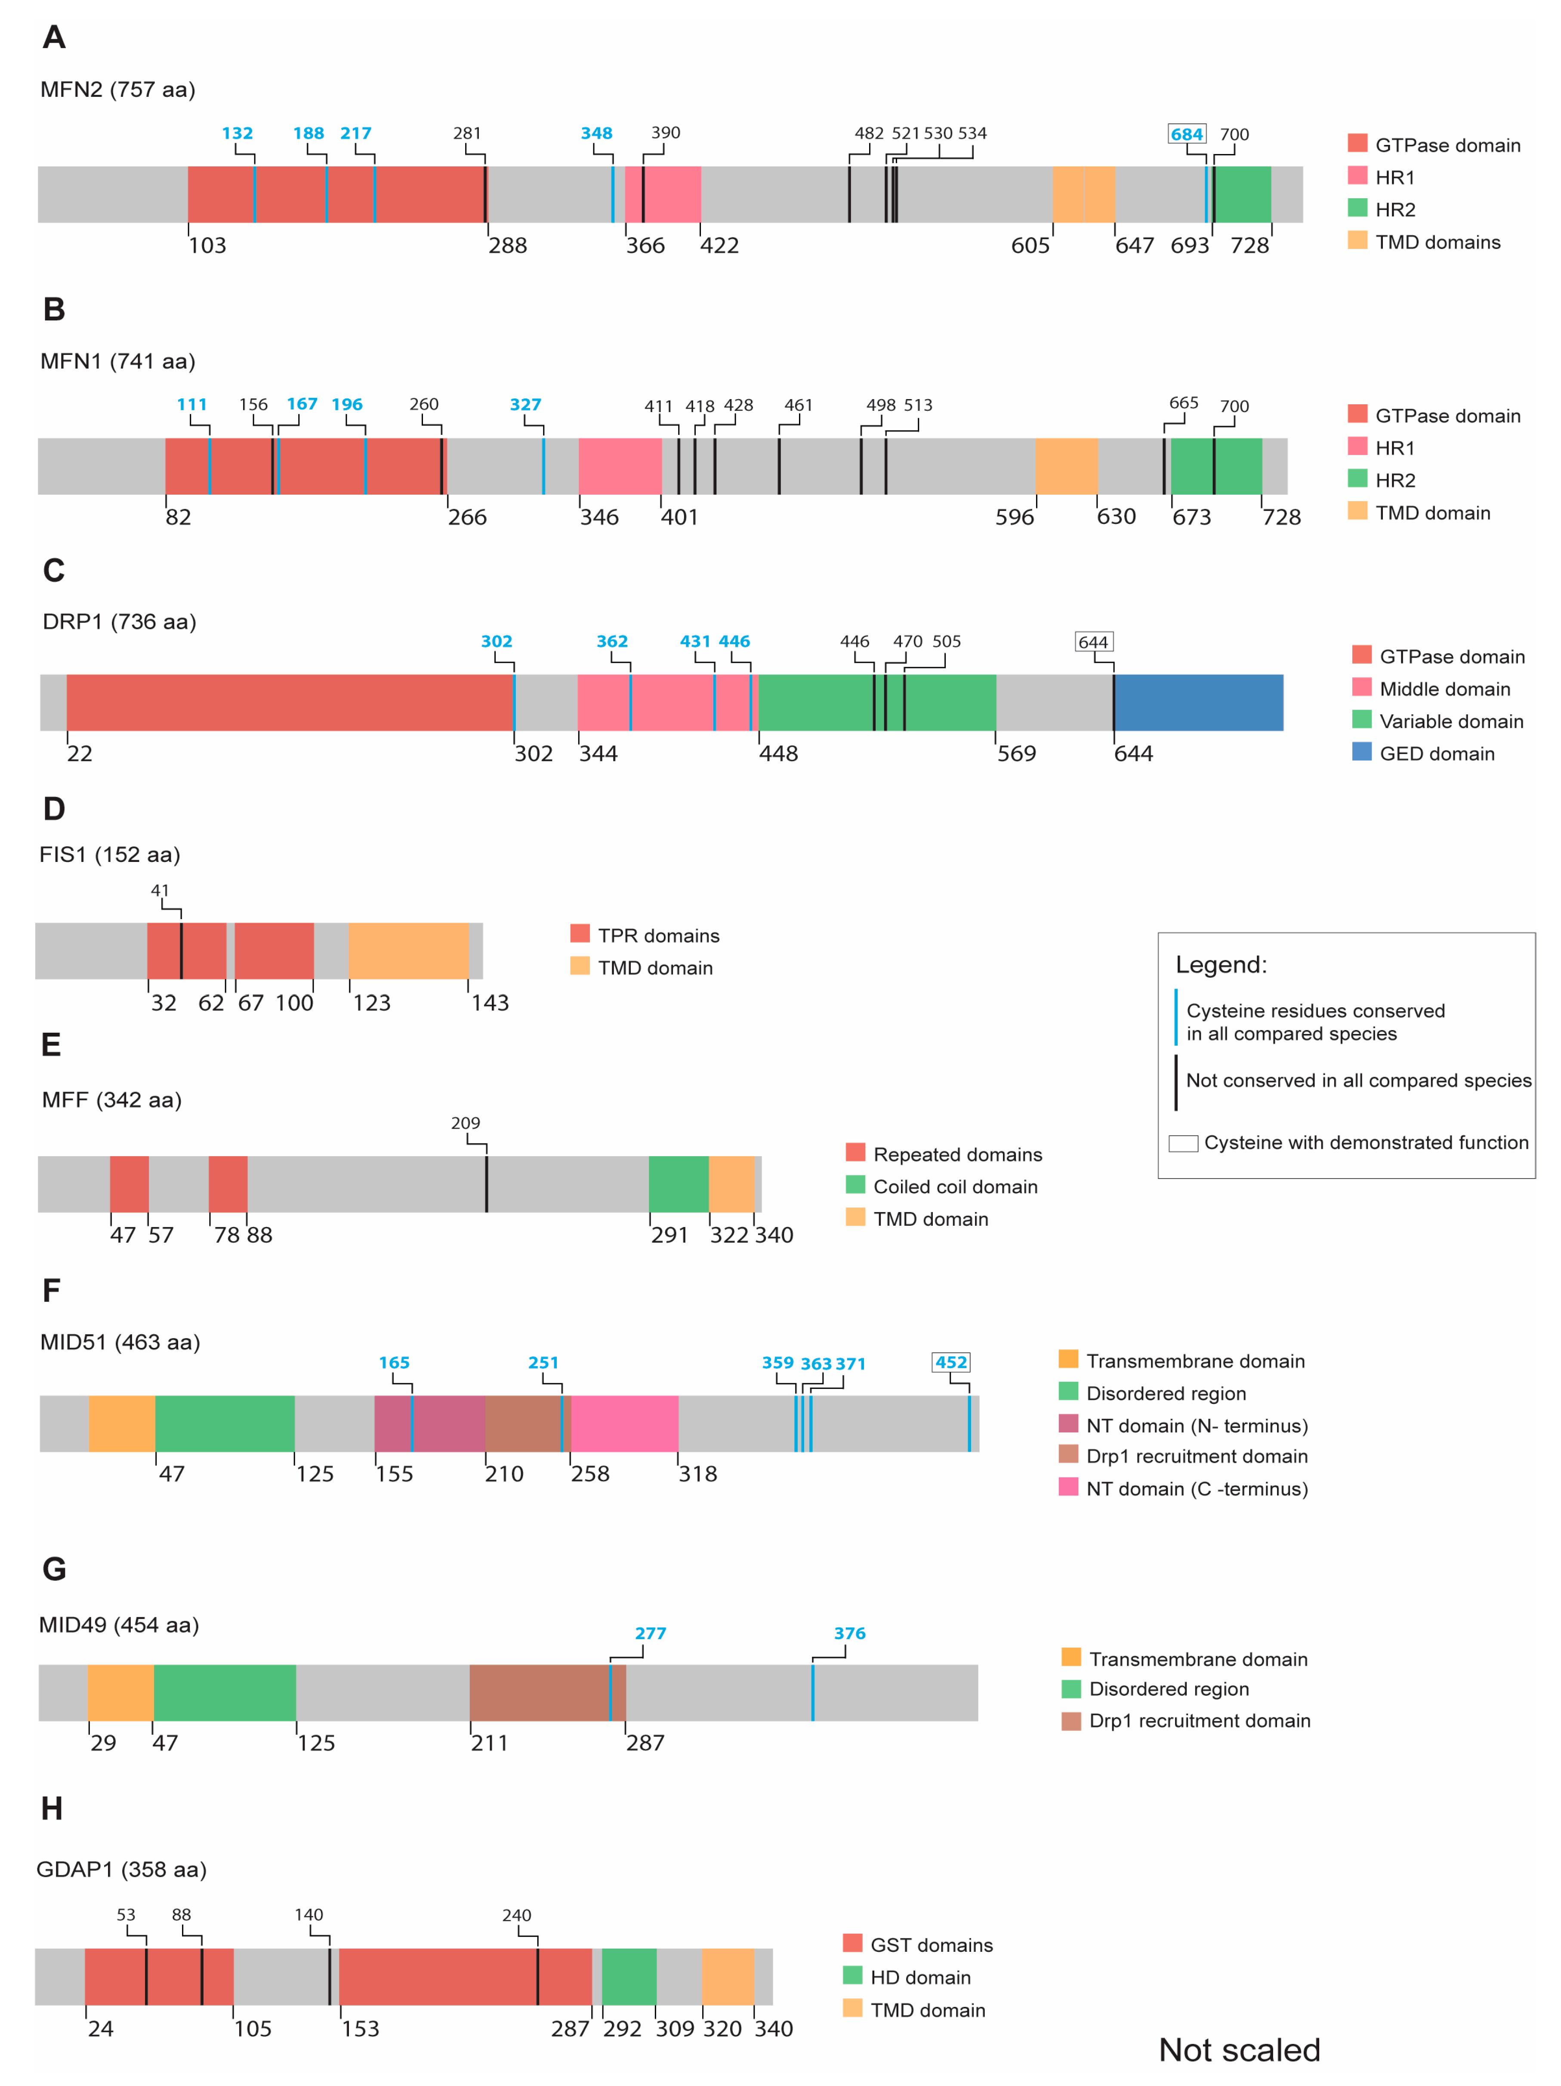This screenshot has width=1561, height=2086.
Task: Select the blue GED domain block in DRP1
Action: click(x=1198, y=702)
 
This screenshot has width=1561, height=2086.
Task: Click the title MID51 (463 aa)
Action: click(x=120, y=1342)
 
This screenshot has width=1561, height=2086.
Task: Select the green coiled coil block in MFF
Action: click(x=678, y=1184)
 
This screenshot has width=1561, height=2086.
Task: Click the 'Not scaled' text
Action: click(x=1238, y=2049)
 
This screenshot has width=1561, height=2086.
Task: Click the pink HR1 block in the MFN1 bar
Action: click(x=620, y=466)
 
